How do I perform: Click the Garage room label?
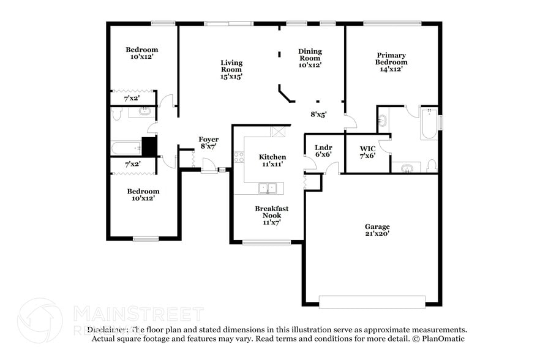(377, 230)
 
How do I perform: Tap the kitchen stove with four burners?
(239, 157)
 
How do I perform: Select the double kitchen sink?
(266, 188)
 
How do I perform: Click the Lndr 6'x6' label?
(323, 151)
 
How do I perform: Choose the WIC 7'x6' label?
(367, 152)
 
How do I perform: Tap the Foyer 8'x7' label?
(208, 143)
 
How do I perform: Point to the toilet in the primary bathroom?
(432, 165)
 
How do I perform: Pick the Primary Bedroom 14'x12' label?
(391, 62)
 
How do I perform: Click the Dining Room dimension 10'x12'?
(310, 65)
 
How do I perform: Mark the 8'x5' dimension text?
(318, 114)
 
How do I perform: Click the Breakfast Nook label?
(271, 212)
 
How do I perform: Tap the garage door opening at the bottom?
(372, 301)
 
